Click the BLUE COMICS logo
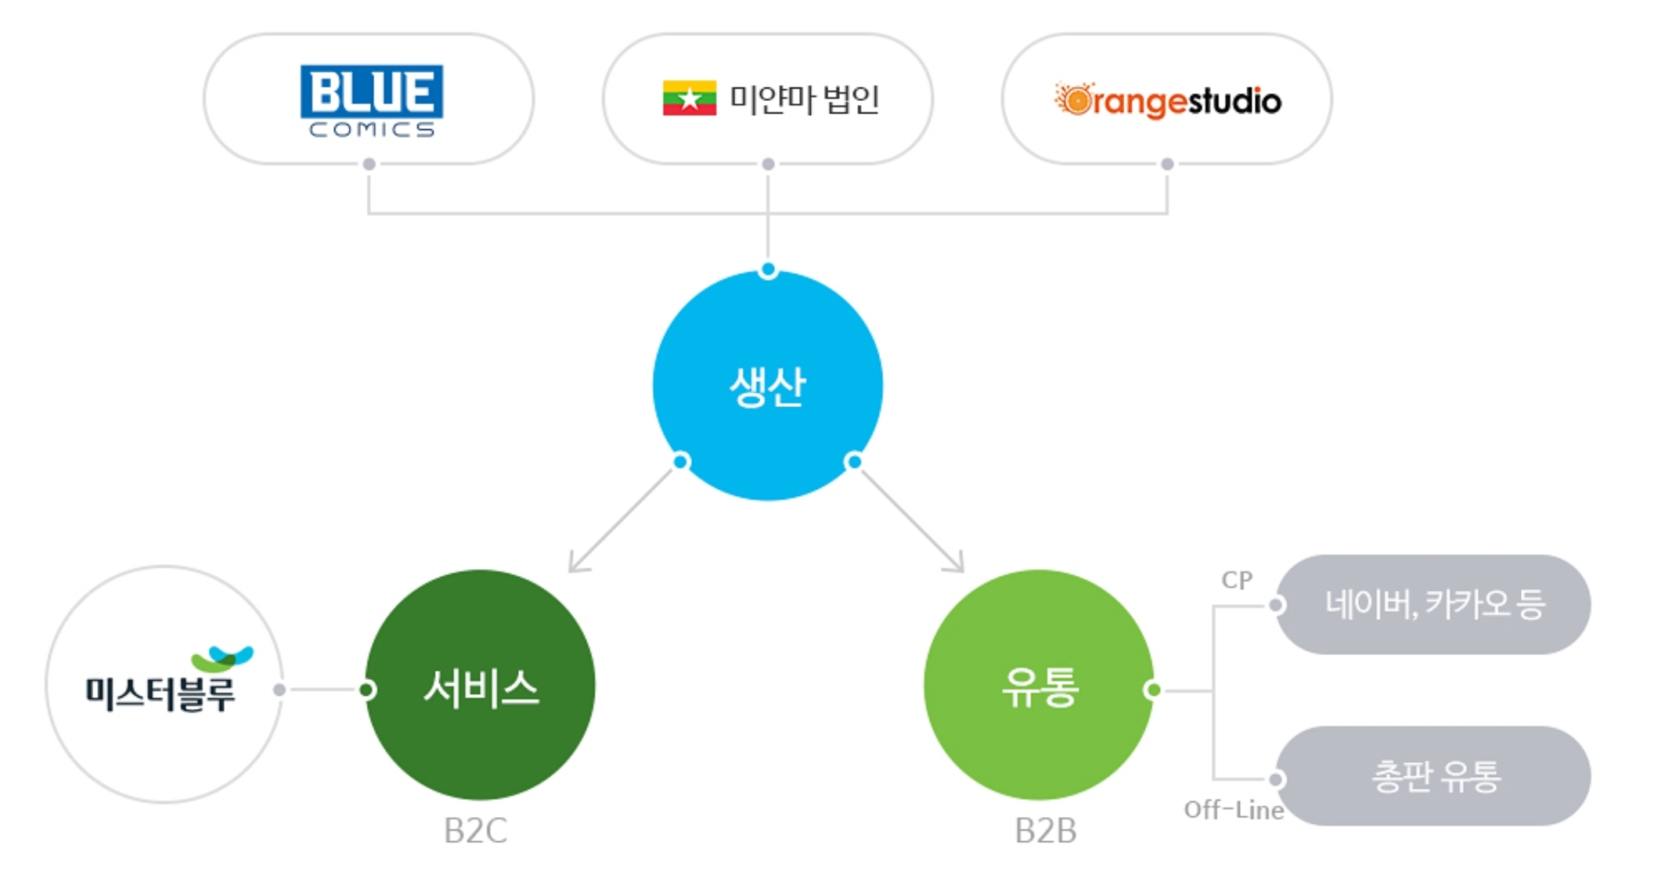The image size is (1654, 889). click(371, 100)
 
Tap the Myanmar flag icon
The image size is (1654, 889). click(689, 99)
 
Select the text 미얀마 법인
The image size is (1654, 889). click(804, 99)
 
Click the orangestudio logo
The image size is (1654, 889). click(1167, 100)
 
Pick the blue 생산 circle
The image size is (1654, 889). click(767, 385)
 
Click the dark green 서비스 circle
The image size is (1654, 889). click(480, 686)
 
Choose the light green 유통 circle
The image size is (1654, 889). click(1039, 686)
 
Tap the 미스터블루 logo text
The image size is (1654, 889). click(160, 693)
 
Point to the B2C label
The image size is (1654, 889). click(475, 831)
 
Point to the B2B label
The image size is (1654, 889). click(1045, 831)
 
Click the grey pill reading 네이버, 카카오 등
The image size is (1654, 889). click(1434, 604)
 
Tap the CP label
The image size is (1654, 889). click(1237, 580)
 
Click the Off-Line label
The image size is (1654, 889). click(1233, 810)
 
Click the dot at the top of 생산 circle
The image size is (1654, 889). click(768, 270)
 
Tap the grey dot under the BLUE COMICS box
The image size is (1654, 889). click(369, 164)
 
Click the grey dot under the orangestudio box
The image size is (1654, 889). click(1167, 164)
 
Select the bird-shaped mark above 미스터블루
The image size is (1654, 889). click(222, 658)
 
